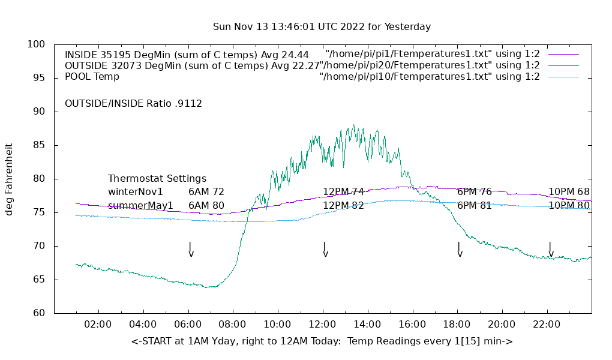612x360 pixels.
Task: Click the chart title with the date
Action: (x=322, y=27)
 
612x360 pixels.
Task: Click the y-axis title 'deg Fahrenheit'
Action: (x=9, y=179)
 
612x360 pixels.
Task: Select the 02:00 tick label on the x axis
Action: (x=98, y=325)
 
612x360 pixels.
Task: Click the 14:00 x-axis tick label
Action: (x=367, y=325)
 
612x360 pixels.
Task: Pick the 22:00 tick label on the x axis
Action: (x=547, y=325)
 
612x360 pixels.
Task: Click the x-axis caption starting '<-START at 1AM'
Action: (x=322, y=341)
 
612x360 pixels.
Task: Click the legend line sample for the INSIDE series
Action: (x=563, y=55)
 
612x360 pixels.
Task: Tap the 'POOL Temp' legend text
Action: (x=92, y=77)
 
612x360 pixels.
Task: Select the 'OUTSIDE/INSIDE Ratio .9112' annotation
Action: (x=133, y=104)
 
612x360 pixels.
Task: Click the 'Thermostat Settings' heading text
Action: (x=157, y=179)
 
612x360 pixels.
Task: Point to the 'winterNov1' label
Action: (x=136, y=192)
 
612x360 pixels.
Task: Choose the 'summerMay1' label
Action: (x=140, y=206)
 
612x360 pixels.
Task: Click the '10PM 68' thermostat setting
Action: (x=569, y=192)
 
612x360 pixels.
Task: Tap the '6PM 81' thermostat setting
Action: (x=474, y=206)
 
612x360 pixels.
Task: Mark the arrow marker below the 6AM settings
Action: (x=191, y=250)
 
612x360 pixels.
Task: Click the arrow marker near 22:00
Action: (x=551, y=250)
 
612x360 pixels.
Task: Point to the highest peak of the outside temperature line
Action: (x=353, y=125)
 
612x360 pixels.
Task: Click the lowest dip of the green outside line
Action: (x=208, y=287)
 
